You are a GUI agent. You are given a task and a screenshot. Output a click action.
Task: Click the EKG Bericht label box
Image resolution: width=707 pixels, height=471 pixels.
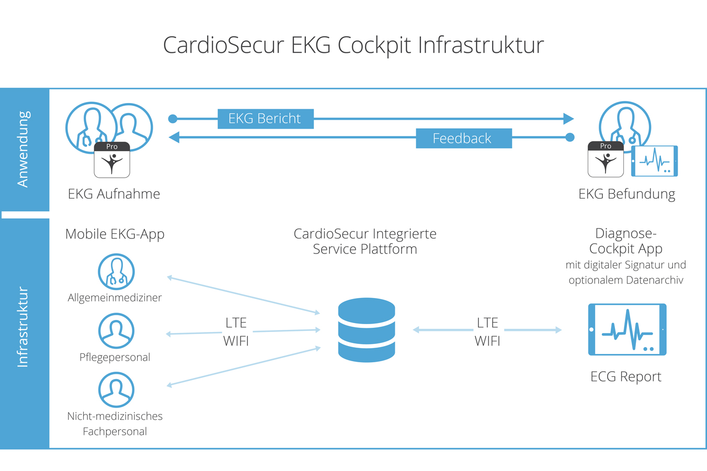(x=265, y=119)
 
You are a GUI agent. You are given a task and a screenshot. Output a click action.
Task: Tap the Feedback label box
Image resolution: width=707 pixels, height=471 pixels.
(x=463, y=138)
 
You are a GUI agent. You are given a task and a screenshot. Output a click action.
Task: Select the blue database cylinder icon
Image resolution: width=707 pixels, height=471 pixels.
(x=366, y=330)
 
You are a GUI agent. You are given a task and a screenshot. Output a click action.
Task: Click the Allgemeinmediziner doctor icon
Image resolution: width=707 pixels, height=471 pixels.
(x=116, y=272)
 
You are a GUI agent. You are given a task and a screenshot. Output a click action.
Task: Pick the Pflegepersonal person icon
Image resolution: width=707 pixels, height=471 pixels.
(x=116, y=331)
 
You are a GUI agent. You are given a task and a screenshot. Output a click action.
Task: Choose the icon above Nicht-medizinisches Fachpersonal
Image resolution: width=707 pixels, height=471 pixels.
(x=116, y=390)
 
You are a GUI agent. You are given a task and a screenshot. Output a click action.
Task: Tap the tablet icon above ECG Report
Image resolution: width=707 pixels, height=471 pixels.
(x=627, y=330)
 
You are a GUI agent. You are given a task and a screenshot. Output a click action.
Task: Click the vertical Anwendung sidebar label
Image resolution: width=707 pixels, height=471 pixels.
(x=24, y=149)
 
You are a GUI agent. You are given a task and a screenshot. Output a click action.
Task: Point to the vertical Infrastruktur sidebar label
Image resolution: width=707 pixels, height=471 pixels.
(x=24, y=327)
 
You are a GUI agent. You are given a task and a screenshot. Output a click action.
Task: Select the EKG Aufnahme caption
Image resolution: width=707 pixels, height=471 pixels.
(x=114, y=194)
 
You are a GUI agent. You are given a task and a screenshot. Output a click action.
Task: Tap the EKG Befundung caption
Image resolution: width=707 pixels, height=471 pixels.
(x=626, y=194)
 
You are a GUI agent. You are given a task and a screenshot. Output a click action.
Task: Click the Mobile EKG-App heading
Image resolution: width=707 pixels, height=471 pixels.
(x=115, y=234)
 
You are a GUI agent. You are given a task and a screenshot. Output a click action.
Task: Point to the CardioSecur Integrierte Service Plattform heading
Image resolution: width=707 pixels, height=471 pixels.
(x=365, y=241)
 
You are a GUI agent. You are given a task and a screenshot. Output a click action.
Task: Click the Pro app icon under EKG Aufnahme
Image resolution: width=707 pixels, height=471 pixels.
(x=112, y=160)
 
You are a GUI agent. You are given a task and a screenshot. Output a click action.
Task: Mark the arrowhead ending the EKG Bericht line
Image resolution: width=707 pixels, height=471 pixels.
(x=568, y=119)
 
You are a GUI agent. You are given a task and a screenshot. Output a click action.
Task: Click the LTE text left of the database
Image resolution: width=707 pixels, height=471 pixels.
(x=236, y=323)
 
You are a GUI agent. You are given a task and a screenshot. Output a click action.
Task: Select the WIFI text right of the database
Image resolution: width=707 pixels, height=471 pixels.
(x=487, y=341)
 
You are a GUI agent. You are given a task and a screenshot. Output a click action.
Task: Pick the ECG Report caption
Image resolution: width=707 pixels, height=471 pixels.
(x=625, y=376)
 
